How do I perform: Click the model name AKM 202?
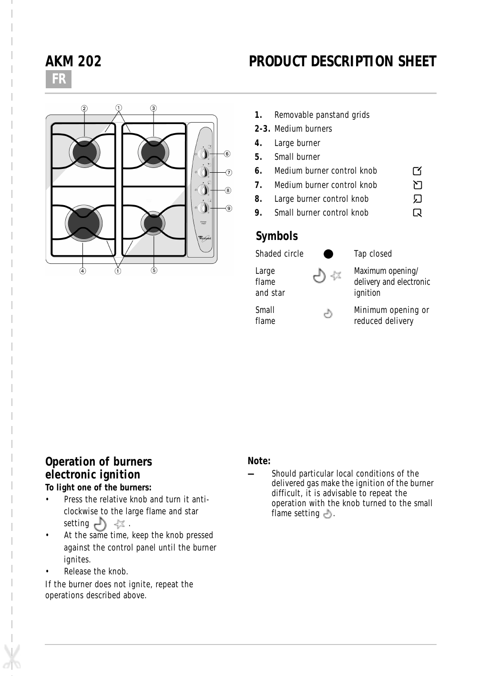pyautogui.click(x=73, y=62)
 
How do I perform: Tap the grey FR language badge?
pyautogui.click(x=58, y=79)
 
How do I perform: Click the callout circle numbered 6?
pyautogui.click(x=227, y=154)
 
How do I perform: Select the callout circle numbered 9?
pyautogui.click(x=229, y=208)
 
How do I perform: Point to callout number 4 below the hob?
pyautogui.click(x=83, y=271)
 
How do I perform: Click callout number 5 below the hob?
pyautogui.click(x=154, y=270)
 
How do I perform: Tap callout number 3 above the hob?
pyautogui.click(x=153, y=108)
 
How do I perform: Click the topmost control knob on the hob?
pyautogui.click(x=204, y=154)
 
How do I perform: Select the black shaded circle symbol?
pyautogui.click(x=328, y=254)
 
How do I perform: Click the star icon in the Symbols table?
pyautogui.click(x=336, y=275)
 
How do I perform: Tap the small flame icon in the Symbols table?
pyautogui.click(x=328, y=314)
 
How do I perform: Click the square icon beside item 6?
pyautogui.click(x=417, y=171)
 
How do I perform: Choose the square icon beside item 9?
pyautogui.click(x=418, y=213)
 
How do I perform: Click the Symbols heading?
pyautogui.click(x=276, y=236)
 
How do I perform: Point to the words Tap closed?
pyautogui.click(x=373, y=254)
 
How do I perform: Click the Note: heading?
pyautogui.click(x=259, y=461)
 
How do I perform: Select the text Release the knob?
pyautogui.click(x=96, y=572)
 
